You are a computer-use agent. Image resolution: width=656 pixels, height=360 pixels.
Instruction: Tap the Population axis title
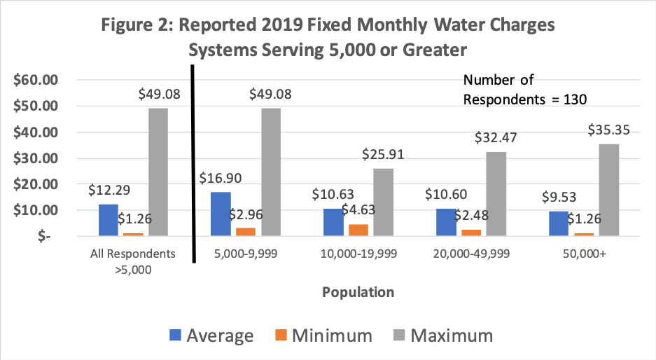358,291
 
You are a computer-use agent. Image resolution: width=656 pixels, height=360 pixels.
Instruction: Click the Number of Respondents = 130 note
524,90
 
